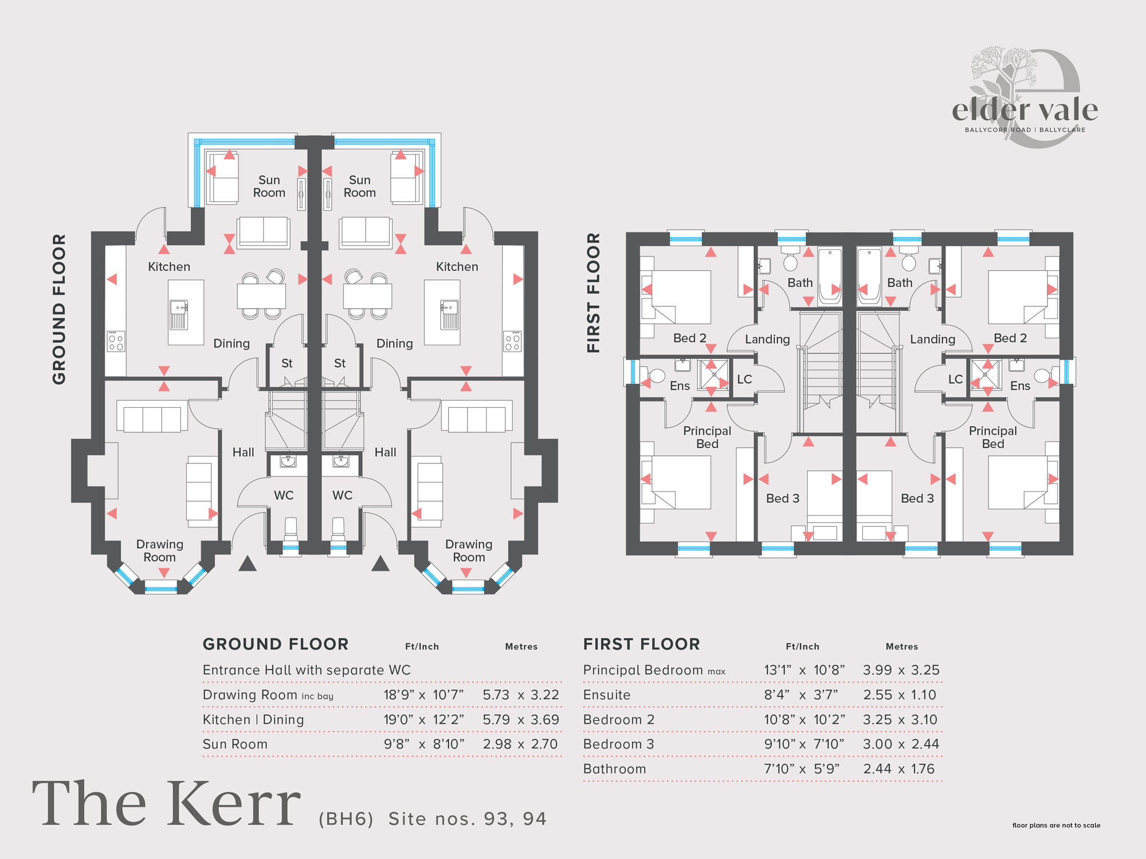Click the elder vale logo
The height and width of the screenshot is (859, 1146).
click(1025, 97)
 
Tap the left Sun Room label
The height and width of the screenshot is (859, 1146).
click(269, 187)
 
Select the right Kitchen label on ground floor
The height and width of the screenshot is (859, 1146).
click(457, 267)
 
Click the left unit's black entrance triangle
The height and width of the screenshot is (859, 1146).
click(248, 564)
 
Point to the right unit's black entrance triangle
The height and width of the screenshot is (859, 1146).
click(380, 564)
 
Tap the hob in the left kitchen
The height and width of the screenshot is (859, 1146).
click(116, 341)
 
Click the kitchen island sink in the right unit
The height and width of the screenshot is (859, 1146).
click(449, 315)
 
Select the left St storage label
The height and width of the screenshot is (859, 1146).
click(286, 363)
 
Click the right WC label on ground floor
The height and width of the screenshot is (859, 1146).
click(342, 495)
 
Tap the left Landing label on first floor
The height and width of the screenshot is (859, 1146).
click(767, 340)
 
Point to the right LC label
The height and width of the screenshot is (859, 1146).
click(955, 379)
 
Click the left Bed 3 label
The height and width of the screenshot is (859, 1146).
click(783, 498)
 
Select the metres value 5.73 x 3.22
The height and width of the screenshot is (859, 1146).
click(521, 695)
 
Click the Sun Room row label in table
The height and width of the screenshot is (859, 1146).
click(235, 744)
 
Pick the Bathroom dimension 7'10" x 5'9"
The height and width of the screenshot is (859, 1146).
click(802, 769)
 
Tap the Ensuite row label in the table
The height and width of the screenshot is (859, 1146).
click(607, 695)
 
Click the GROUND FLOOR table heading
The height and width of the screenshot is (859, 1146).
click(276, 644)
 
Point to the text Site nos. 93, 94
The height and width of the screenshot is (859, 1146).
click(468, 819)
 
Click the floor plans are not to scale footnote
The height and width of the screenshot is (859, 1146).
click(1056, 825)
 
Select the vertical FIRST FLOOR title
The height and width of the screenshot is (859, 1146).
click(593, 293)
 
